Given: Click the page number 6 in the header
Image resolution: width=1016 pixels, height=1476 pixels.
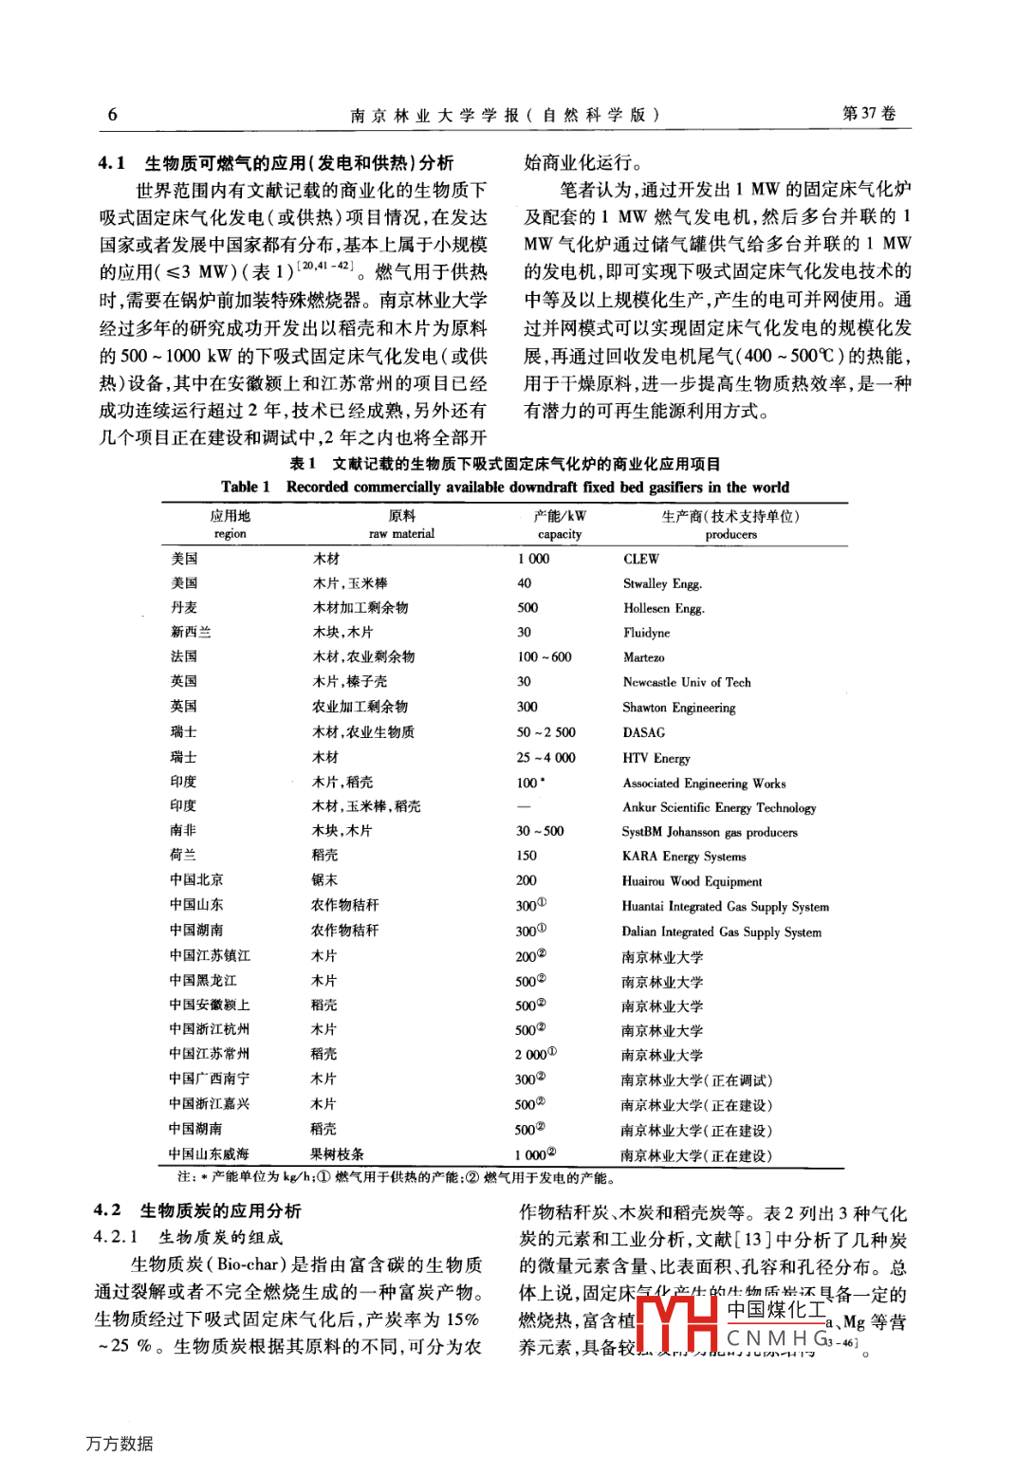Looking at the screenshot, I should [112, 115].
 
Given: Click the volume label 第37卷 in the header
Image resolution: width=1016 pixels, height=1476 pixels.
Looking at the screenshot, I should [869, 114].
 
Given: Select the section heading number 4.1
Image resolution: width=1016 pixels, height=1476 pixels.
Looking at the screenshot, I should [112, 163].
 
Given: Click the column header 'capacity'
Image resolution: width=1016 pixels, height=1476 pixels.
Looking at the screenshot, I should [560, 534].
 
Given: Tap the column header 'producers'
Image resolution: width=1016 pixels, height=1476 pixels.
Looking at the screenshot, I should [730, 534].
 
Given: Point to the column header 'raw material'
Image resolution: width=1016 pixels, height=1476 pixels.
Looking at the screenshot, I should [401, 534].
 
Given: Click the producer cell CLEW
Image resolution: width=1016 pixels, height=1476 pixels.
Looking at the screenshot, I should [640, 559].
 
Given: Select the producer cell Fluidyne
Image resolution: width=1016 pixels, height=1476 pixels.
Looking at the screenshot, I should [646, 633].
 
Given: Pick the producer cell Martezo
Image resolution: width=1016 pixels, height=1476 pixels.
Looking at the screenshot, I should [643, 657].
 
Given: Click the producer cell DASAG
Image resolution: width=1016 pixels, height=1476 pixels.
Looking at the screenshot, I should [643, 732].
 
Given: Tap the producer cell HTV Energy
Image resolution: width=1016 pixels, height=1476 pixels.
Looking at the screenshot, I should [656, 758].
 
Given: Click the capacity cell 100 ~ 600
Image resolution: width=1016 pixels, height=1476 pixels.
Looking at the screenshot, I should [544, 657].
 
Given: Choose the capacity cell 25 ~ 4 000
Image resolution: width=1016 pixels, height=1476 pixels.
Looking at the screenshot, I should [545, 758].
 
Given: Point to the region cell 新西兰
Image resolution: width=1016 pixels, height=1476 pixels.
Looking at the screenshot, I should [191, 633].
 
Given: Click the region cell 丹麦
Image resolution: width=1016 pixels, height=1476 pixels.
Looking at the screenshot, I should [184, 608].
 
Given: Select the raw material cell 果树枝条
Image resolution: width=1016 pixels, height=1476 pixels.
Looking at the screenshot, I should [337, 1154].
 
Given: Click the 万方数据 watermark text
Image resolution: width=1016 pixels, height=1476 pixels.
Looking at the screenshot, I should [119, 1444].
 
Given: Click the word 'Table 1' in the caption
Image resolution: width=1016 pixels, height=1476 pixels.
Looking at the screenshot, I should [245, 488].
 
